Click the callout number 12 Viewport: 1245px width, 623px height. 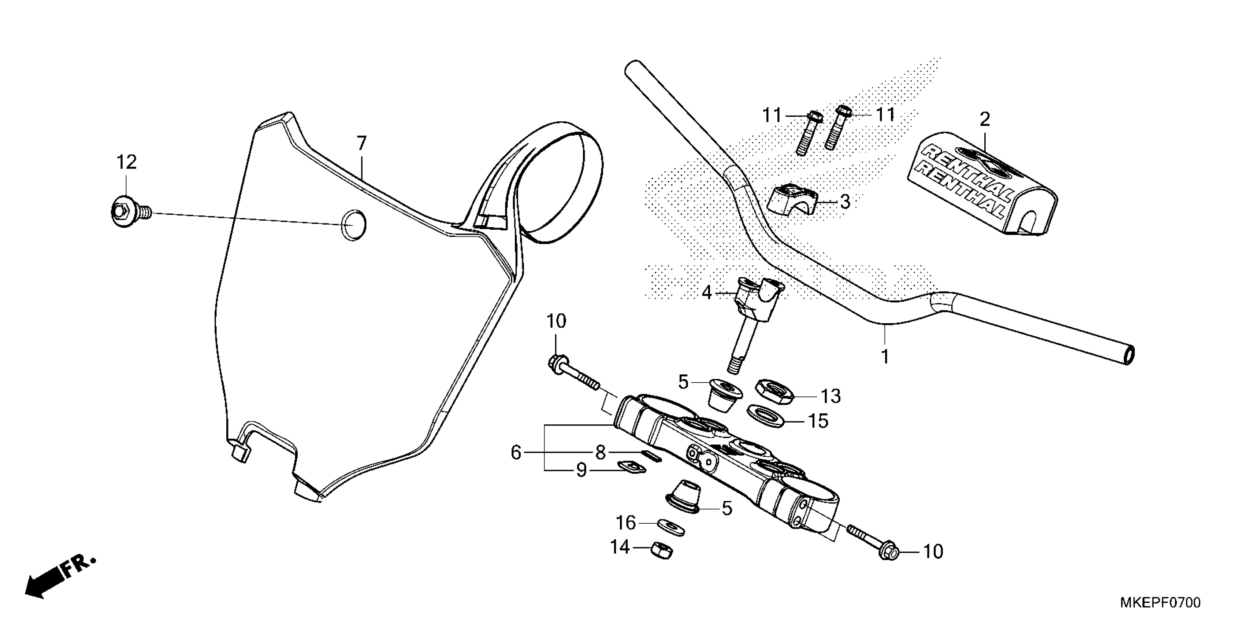(x=126, y=162)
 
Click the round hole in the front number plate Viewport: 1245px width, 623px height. (x=353, y=225)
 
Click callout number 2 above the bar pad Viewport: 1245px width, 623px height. (x=985, y=119)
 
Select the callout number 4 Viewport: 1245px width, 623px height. (x=707, y=293)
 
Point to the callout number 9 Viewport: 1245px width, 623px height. (x=581, y=470)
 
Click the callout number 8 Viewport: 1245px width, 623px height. (x=600, y=452)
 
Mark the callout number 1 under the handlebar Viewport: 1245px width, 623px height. (x=885, y=357)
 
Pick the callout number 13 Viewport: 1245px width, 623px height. (x=831, y=397)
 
